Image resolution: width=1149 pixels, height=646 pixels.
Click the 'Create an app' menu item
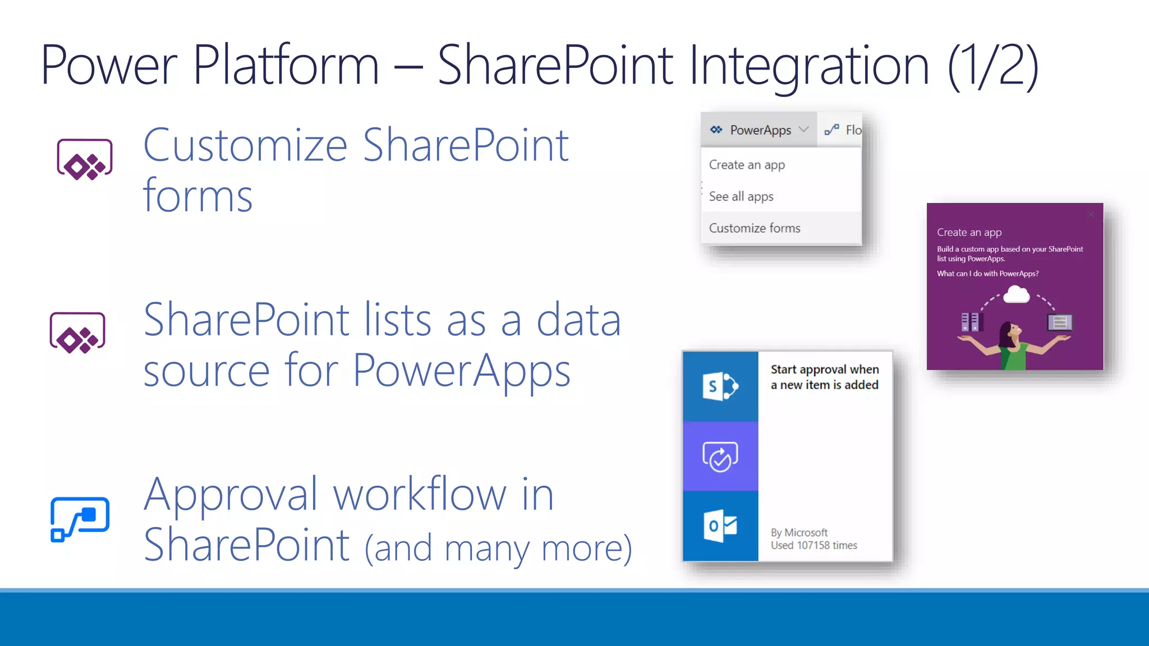point(747,165)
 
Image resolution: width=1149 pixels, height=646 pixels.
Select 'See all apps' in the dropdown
point(741,196)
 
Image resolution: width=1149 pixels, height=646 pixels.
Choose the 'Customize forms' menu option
point(755,228)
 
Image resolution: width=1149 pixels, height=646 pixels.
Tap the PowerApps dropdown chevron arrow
point(803,130)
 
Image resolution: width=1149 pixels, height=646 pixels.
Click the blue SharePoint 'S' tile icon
point(720,386)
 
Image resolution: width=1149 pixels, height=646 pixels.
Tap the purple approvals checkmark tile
point(720,456)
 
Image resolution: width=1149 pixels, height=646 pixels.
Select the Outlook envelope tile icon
point(720,526)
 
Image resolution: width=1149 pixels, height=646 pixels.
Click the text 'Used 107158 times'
point(814,545)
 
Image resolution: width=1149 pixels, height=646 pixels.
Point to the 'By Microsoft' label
point(799,532)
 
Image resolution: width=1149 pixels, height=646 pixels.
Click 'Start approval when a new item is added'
point(824,377)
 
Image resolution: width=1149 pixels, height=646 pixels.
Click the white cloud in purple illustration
point(1016,294)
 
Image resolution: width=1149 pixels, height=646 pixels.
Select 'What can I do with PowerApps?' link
point(987,274)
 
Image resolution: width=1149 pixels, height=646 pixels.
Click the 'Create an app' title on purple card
point(969,232)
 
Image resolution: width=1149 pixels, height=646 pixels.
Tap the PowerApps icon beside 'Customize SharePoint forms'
point(85,159)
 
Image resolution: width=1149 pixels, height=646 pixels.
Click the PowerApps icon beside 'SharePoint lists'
point(77,333)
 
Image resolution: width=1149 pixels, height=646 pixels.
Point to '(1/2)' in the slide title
point(992,66)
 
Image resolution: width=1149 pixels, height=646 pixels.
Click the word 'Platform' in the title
point(286,66)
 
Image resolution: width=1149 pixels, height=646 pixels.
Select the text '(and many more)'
point(498,548)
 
